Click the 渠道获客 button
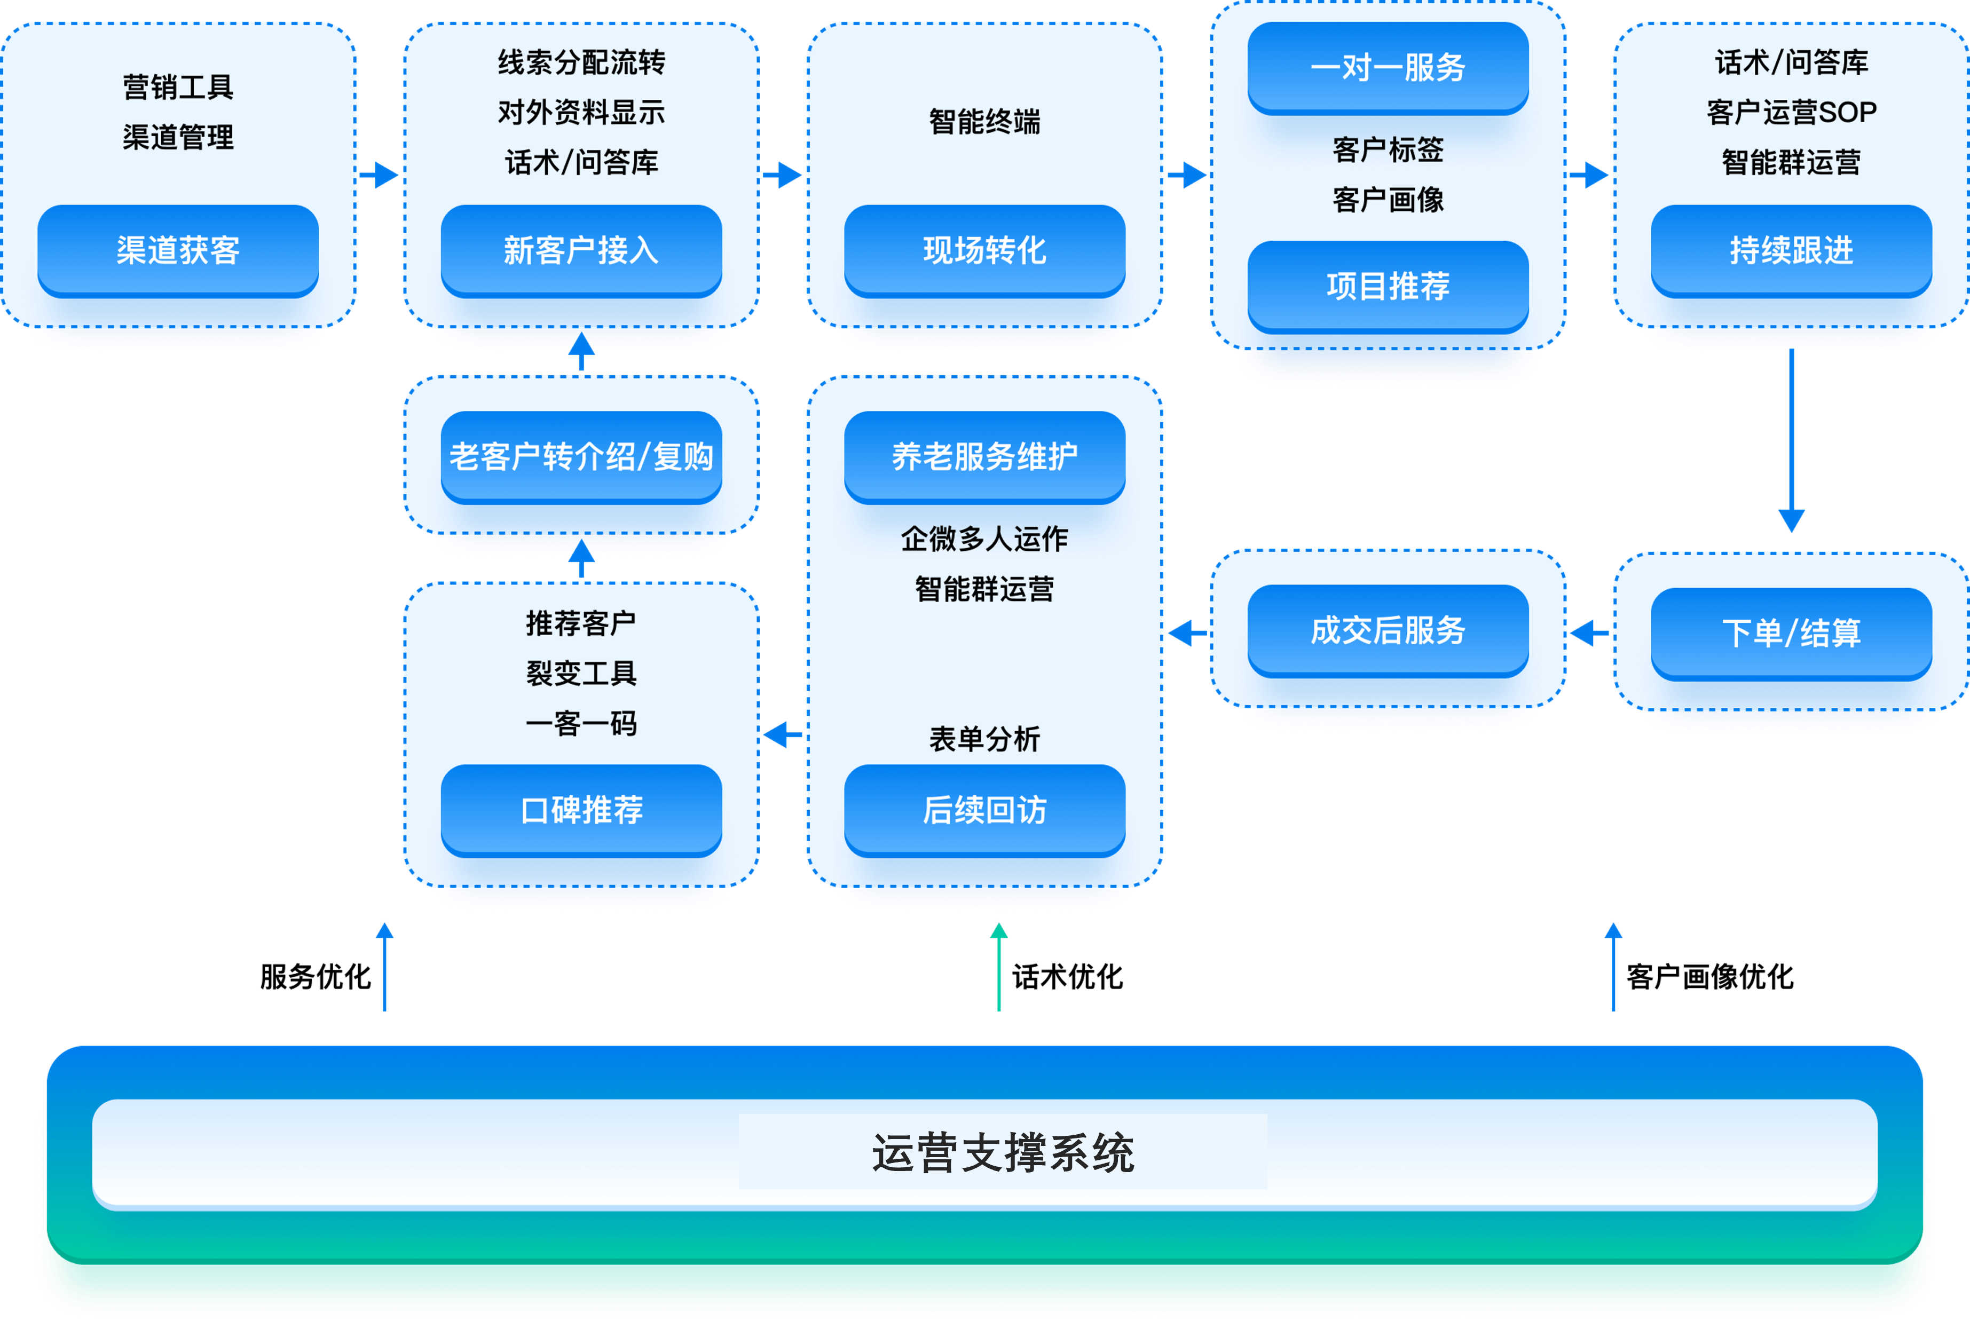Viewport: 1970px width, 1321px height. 178,250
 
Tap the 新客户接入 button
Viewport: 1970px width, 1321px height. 580,250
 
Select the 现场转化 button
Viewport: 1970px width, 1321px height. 984,250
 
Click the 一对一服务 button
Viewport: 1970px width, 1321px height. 1388,67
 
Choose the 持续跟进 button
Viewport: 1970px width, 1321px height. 1791,250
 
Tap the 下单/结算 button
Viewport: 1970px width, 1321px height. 1791,632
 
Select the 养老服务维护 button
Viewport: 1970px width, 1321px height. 984,457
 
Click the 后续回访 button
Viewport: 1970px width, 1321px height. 984,810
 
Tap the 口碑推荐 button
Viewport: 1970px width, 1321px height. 580,810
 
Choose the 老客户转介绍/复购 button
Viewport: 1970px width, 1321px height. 580,457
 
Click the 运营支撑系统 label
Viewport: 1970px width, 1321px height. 1003,1152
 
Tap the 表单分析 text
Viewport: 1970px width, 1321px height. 984,739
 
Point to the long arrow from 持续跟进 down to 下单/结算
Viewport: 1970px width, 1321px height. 1791,438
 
